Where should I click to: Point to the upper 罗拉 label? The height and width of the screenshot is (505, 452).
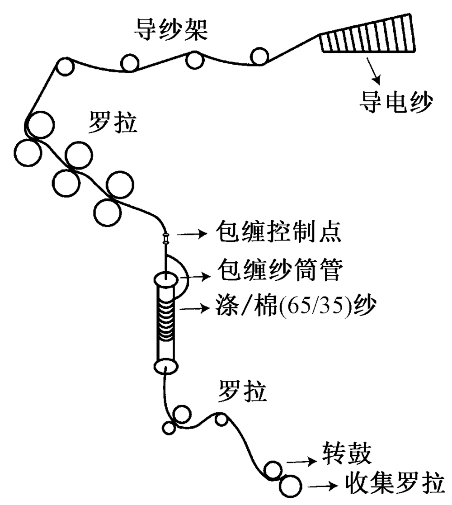[113, 123]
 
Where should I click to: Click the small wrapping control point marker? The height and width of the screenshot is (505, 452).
[166, 238]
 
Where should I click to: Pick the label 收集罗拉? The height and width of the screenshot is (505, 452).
[392, 484]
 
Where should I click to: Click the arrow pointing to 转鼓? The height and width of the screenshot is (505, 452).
[302, 462]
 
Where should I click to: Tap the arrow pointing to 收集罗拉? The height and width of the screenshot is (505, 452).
[323, 486]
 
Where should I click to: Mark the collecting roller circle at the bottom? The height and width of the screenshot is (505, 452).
[290, 486]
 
